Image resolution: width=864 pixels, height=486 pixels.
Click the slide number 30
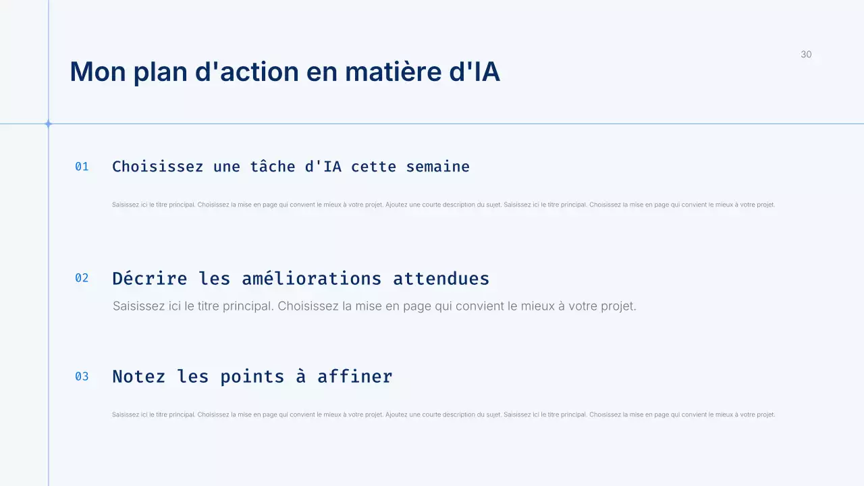(806, 55)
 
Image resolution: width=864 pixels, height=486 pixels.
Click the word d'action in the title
(246, 72)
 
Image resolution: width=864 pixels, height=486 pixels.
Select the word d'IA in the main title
(475, 72)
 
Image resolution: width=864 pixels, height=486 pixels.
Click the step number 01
(82, 167)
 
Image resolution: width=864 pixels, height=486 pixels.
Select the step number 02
(82, 278)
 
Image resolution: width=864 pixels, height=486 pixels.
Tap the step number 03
(82, 377)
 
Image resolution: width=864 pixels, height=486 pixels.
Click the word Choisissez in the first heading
(157, 167)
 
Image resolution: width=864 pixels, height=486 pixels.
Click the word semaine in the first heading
(437, 167)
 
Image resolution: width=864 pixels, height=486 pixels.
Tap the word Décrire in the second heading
(149, 278)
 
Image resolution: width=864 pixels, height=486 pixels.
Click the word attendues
(441, 278)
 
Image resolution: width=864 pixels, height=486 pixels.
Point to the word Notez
(138, 377)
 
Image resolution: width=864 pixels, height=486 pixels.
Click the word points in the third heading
(252, 377)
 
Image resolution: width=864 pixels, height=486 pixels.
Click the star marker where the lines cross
(48, 124)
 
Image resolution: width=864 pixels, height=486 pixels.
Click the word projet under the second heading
(618, 306)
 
